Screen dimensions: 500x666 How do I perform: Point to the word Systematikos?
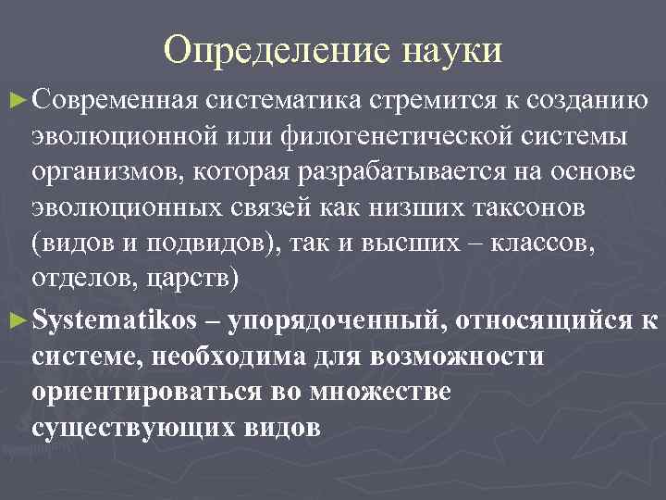click(x=115, y=321)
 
